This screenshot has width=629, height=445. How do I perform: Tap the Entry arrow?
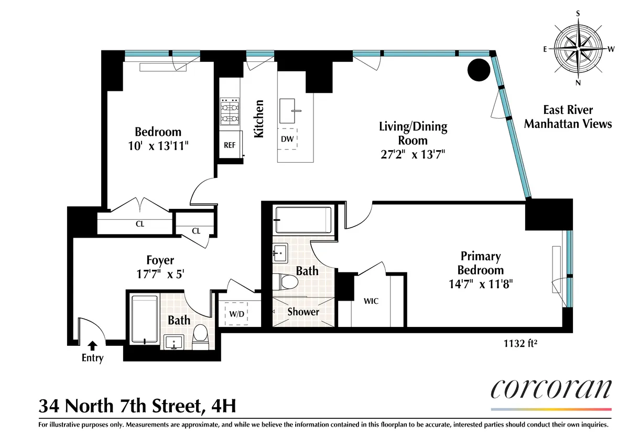92,345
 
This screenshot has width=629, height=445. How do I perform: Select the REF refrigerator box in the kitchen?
230,145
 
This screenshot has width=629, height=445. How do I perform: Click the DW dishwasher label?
287,139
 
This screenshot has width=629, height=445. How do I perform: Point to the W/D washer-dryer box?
237,314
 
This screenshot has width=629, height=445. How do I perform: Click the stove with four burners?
230,111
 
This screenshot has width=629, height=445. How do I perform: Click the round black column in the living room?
479,69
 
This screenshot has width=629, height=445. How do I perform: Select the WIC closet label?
371,301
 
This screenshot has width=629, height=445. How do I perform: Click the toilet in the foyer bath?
200,337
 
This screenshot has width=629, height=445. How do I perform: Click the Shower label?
303,312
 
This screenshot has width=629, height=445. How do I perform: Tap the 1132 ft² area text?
521,345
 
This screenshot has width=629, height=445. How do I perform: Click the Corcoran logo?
551,391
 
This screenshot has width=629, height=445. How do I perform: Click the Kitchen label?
258,119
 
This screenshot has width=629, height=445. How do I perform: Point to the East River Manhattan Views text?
568,116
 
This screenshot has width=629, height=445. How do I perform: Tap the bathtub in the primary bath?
303,219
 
